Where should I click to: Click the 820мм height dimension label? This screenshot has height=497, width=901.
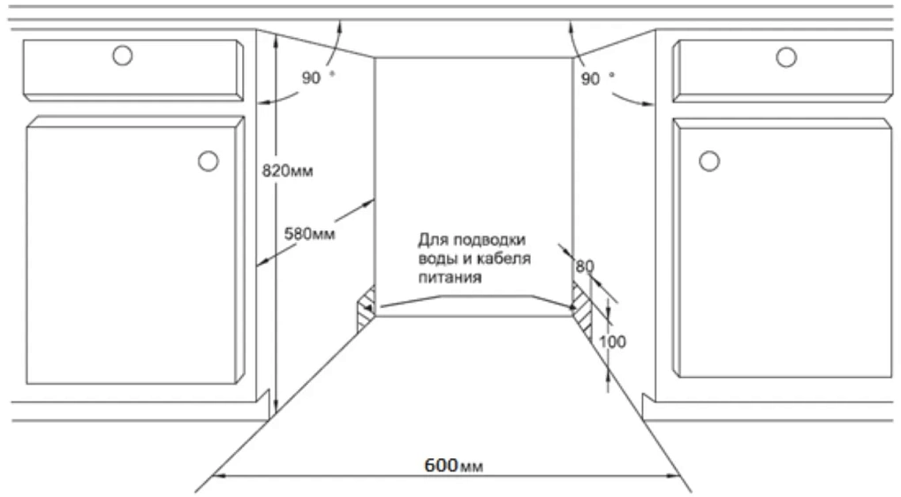pyautogui.click(x=287, y=170)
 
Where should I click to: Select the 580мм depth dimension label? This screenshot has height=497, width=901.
pyautogui.click(x=309, y=234)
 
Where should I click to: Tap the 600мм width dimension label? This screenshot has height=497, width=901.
pyautogui.click(x=453, y=465)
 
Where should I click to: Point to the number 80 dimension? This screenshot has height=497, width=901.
pyautogui.click(x=585, y=266)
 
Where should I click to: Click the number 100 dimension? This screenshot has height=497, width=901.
pyautogui.click(x=612, y=342)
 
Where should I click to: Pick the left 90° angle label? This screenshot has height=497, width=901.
pyautogui.click(x=318, y=77)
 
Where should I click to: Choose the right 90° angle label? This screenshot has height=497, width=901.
pyautogui.click(x=597, y=79)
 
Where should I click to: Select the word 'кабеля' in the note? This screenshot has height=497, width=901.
pyautogui.click(x=503, y=258)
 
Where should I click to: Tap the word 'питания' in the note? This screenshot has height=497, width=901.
pyautogui.click(x=450, y=277)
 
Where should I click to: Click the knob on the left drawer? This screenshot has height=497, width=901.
pyautogui.click(x=123, y=56)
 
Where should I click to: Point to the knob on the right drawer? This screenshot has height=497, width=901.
pyautogui.click(x=786, y=56)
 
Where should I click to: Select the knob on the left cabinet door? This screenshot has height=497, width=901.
pyautogui.click(x=208, y=161)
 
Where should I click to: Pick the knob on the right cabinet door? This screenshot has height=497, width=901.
pyautogui.click(x=709, y=161)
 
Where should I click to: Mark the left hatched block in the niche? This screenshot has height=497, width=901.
pyautogui.click(x=366, y=309)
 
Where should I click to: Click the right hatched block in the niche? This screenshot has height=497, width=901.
pyautogui.click(x=582, y=309)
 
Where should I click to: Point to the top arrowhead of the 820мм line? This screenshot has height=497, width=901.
pyautogui.click(x=276, y=39)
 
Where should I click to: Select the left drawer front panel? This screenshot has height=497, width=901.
pyautogui.click(x=132, y=70)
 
